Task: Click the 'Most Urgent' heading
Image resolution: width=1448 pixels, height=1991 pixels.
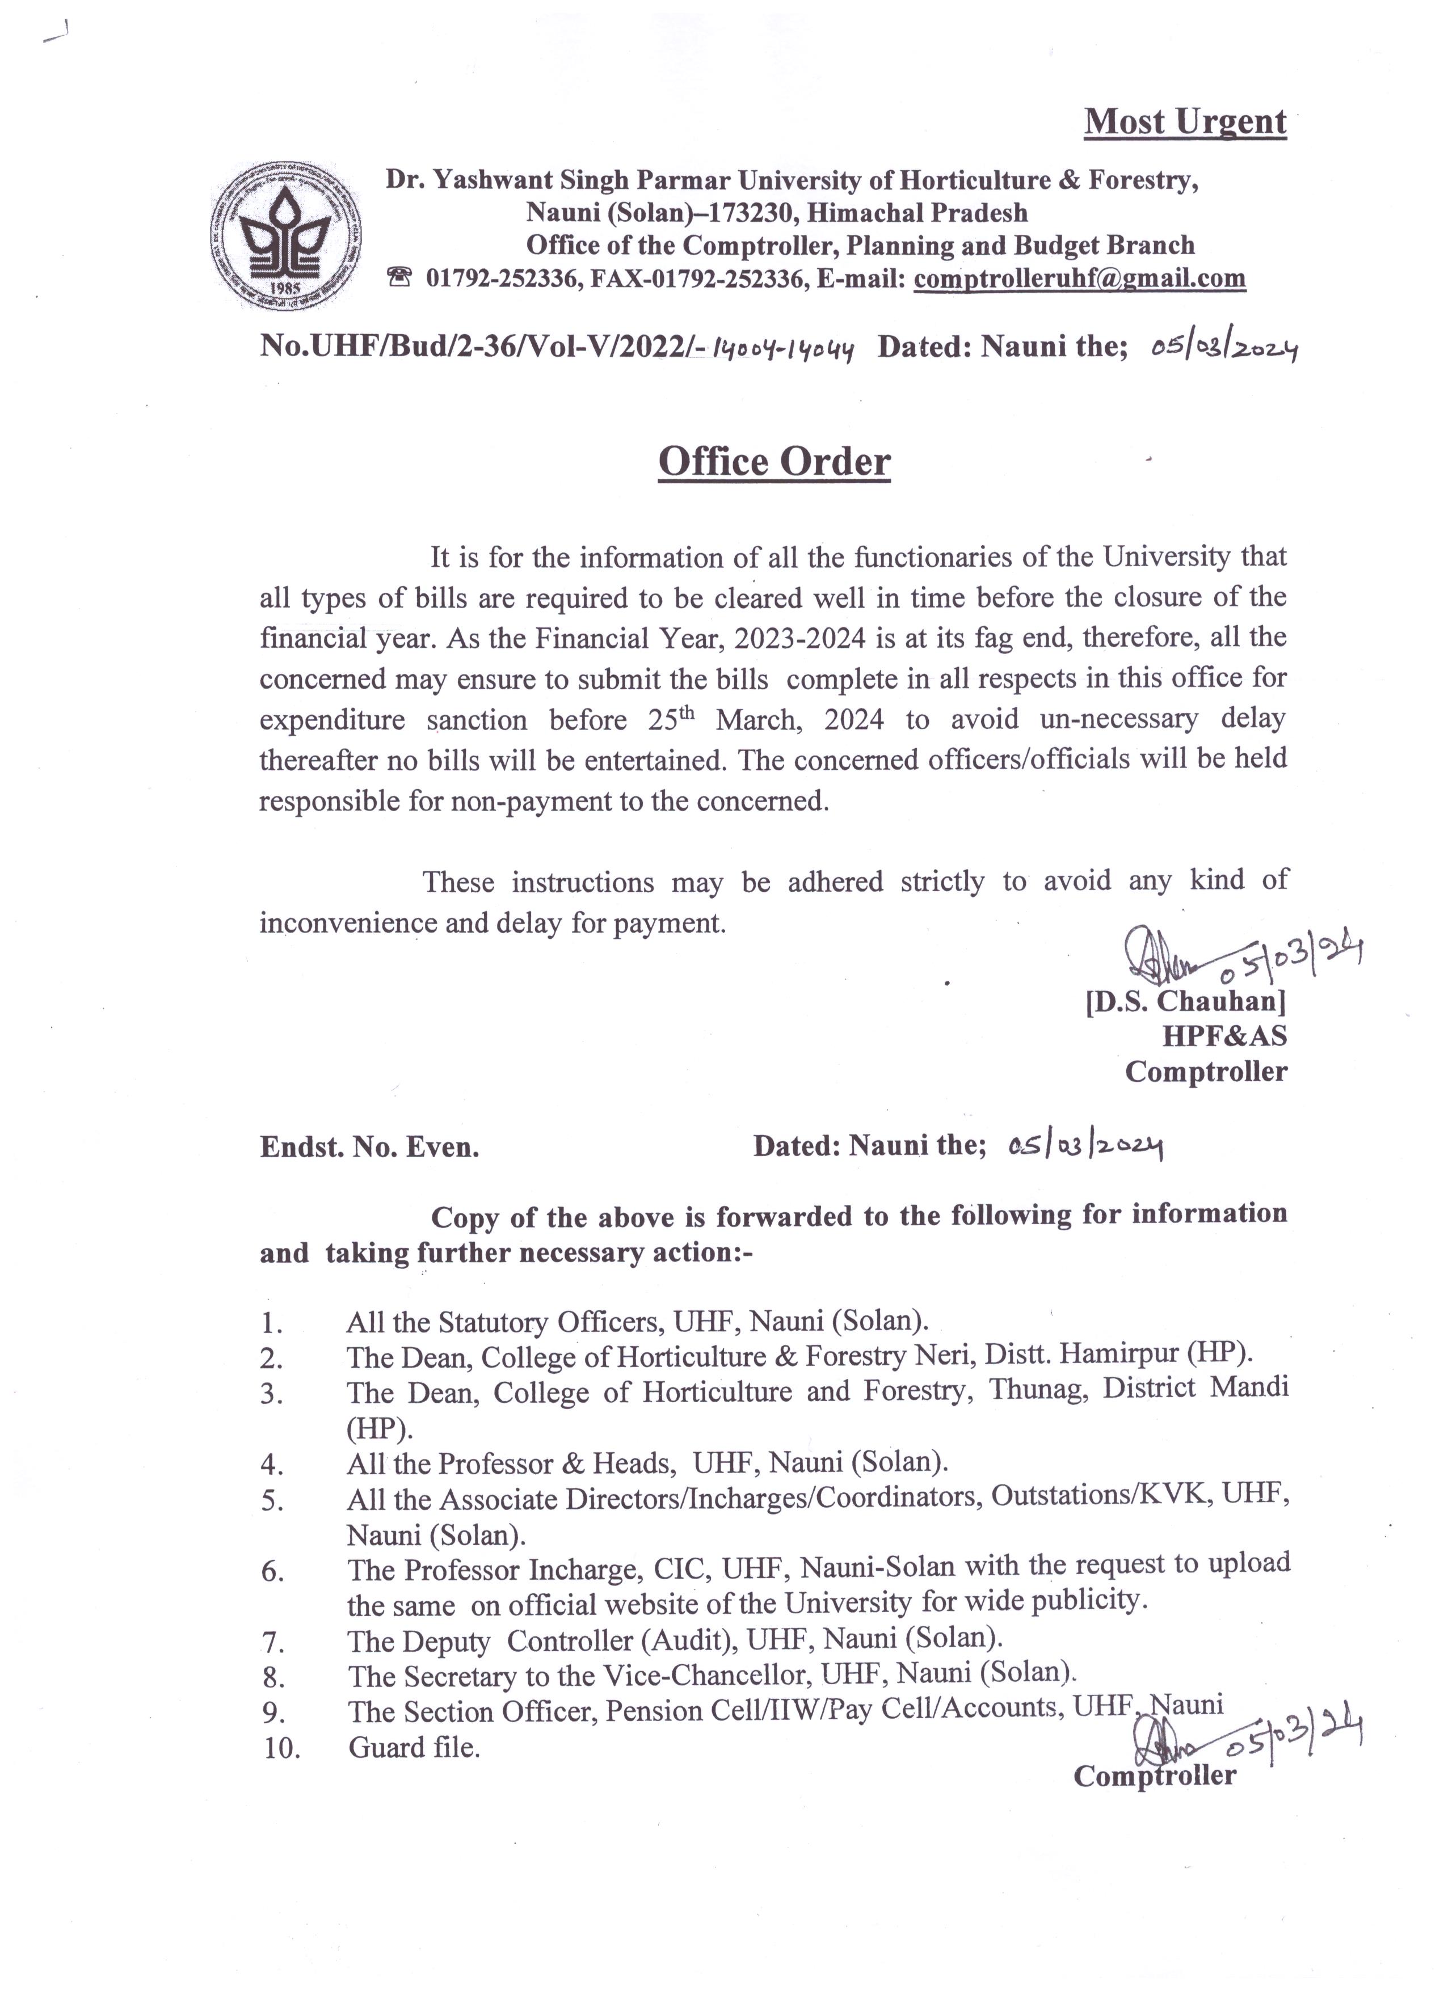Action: pyautogui.click(x=1185, y=122)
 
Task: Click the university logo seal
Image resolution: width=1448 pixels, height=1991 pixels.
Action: pyautogui.click(x=287, y=236)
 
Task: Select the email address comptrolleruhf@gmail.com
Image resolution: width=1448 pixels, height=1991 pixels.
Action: pyautogui.click(x=1079, y=279)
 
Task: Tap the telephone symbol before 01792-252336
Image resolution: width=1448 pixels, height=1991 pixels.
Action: pyautogui.click(x=399, y=279)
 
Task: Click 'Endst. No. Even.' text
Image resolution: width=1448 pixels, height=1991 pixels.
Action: pyautogui.click(x=370, y=1148)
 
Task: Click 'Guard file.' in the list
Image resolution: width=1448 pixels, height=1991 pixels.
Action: pyautogui.click(x=414, y=1747)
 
